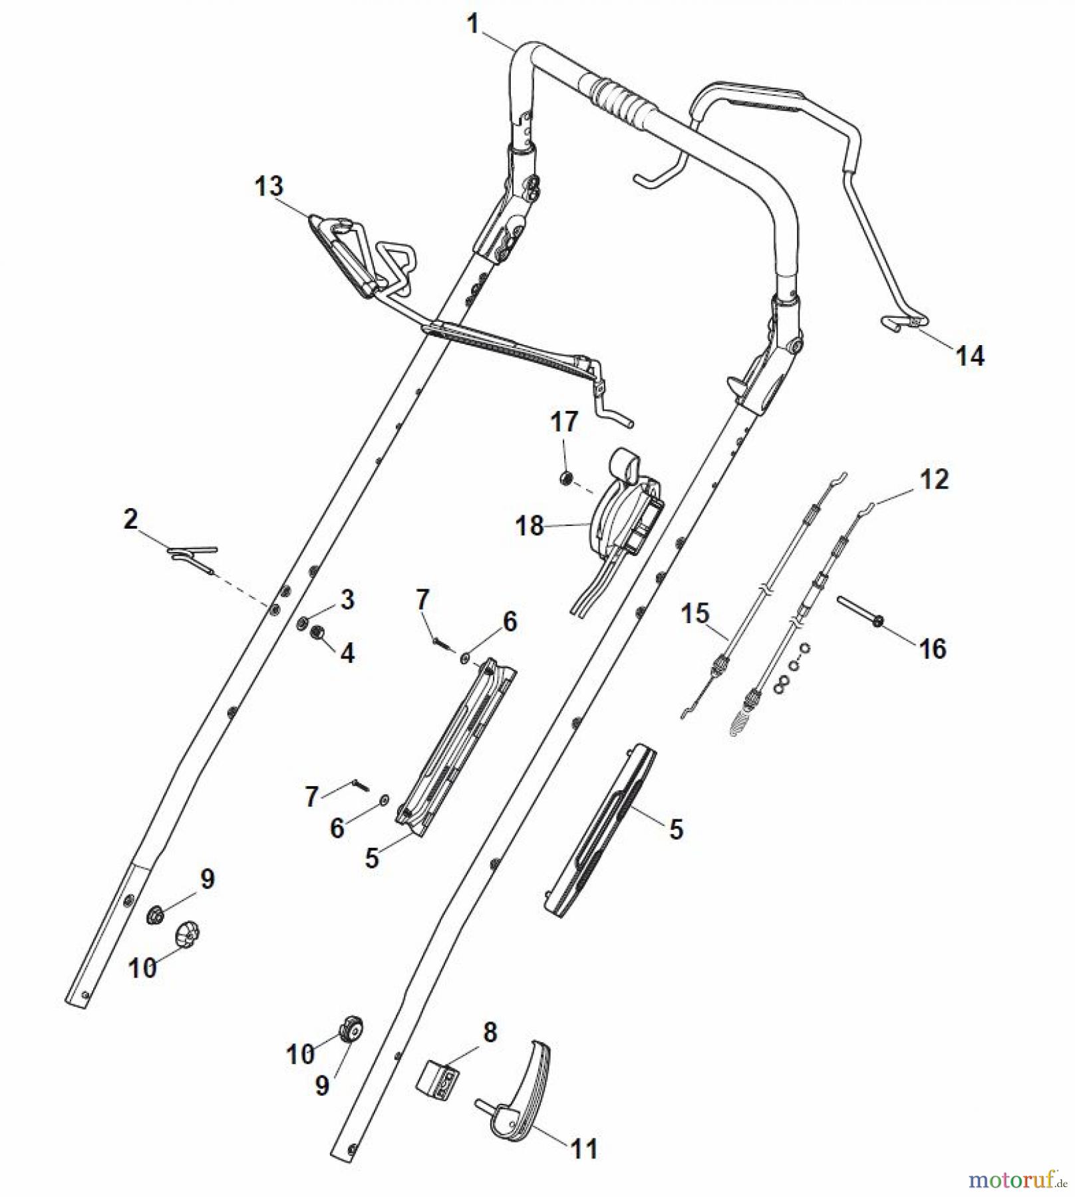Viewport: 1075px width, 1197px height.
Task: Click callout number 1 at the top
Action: tap(473, 24)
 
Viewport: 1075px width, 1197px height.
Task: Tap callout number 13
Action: tap(269, 186)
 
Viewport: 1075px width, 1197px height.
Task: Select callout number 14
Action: tap(969, 356)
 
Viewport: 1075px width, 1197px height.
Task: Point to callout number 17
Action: tap(564, 422)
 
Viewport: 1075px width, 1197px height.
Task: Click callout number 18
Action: tap(530, 526)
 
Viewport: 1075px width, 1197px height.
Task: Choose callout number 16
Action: tap(933, 648)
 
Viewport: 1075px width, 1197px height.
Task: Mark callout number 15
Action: tap(695, 613)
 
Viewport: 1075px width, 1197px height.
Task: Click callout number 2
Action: tap(130, 519)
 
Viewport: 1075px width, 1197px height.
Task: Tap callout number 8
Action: tap(490, 1032)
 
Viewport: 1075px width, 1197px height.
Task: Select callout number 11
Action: tap(584, 1148)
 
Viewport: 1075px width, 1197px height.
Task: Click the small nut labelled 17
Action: tap(566, 478)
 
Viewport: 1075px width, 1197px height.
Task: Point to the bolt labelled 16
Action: tap(858, 610)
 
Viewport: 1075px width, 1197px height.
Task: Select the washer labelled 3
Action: tap(302, 623)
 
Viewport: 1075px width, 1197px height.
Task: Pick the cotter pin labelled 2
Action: tap(193, 555)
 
